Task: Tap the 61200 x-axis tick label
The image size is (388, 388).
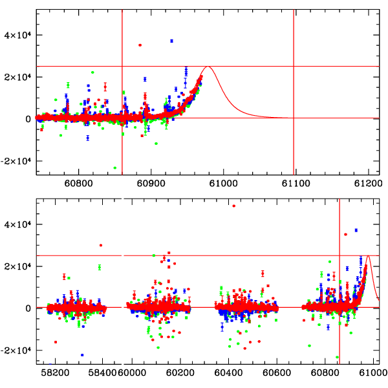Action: point(367,183)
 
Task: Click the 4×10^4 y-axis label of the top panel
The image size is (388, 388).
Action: point(19,35)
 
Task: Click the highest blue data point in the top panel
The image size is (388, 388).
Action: point(172,41)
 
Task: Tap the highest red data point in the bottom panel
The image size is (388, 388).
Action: point(233,206)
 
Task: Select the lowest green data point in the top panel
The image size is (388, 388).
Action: point(115,168)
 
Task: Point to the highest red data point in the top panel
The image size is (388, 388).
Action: point(140,45)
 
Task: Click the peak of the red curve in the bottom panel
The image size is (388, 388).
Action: point(368,256)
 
